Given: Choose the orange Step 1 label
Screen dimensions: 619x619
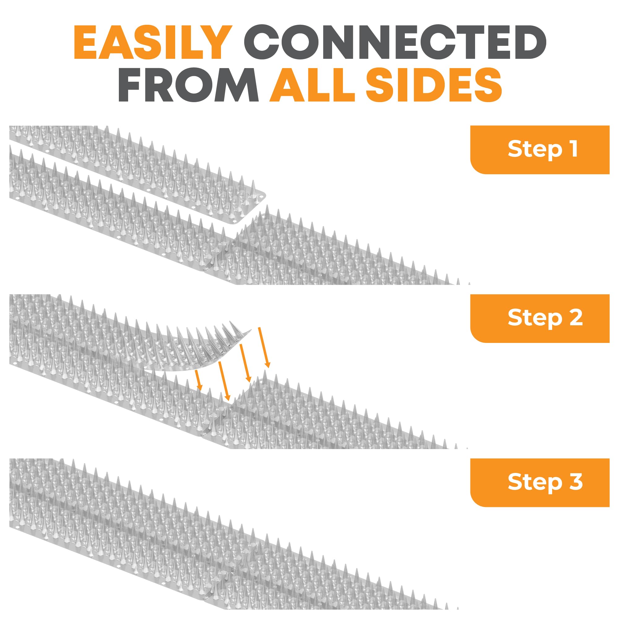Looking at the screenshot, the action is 539,149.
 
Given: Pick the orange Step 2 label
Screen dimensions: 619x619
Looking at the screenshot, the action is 539,318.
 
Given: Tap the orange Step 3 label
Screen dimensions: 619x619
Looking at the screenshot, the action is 539,483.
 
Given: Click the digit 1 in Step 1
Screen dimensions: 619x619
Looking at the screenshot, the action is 574,149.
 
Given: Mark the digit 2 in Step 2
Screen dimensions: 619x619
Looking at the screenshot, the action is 576,318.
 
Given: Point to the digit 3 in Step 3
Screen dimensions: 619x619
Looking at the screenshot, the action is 576,482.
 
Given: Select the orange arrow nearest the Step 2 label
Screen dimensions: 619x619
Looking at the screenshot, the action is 264,347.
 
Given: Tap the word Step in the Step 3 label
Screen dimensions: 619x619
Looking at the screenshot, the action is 535,483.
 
